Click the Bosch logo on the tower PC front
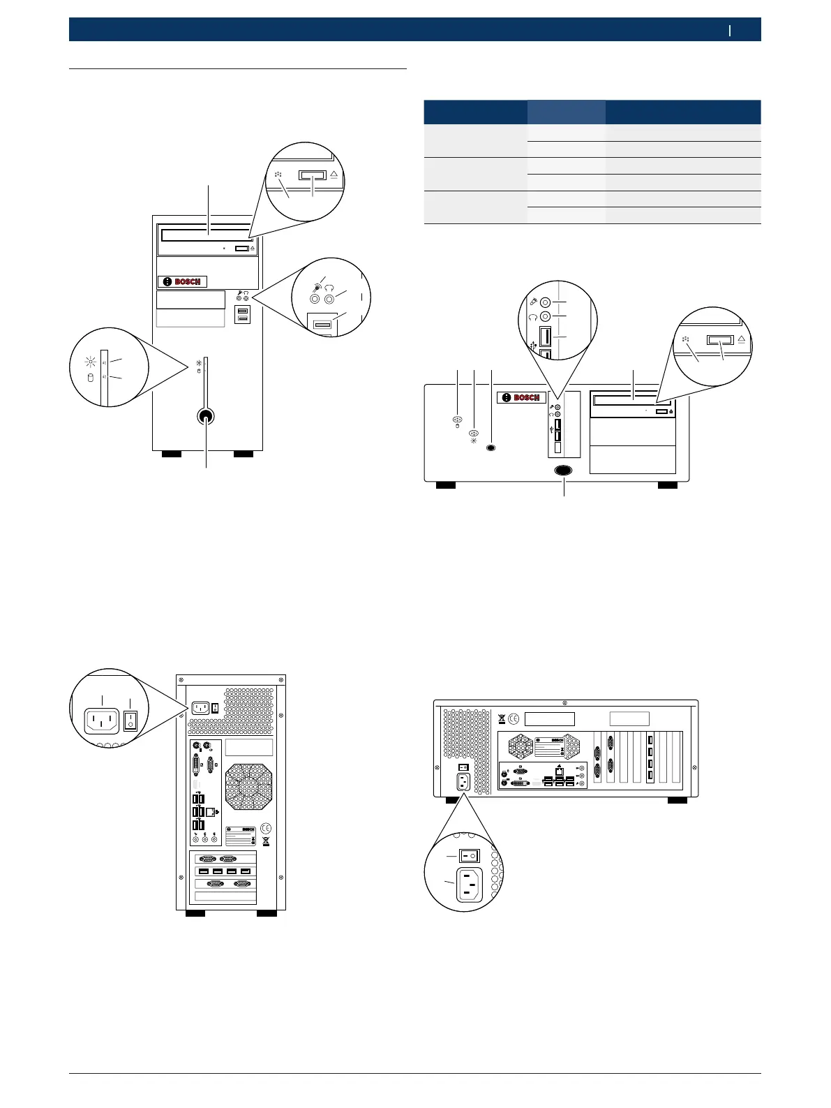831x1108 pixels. click(182, 281)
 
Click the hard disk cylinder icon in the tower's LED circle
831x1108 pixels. click(89, 378)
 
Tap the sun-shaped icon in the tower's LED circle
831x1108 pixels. click(89, 361)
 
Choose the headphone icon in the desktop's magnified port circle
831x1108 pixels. click(532, 316)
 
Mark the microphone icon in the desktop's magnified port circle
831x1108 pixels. click(532, 302)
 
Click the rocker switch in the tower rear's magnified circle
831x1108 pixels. click(130, 721)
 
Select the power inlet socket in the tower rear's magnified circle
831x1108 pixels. click(101, 721)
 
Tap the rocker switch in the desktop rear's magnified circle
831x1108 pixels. click(467, 855)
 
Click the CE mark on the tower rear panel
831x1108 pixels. click(266, 828)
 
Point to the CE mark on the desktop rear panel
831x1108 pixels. click(514, 718)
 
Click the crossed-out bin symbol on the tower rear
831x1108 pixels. click(266, 841)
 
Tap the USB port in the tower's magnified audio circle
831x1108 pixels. click(322, 325)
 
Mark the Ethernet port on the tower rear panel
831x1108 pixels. click(210, 811)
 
